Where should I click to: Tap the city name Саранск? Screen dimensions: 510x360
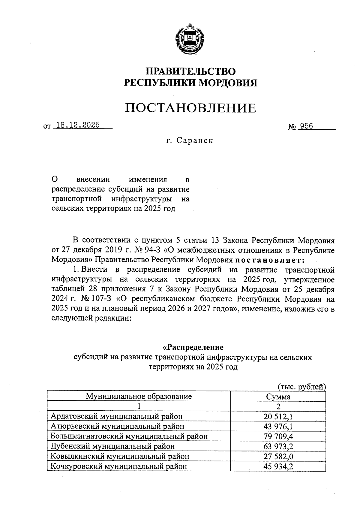tap(195, 140)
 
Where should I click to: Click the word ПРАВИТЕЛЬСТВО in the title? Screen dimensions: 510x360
tap(190, 71)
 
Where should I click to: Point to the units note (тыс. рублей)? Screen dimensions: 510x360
tap(302, 387)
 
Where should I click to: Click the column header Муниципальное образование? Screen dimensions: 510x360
tap(139, 396)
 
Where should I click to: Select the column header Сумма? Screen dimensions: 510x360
tap(278, 397)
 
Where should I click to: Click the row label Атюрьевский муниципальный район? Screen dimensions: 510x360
tap(117, 426)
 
